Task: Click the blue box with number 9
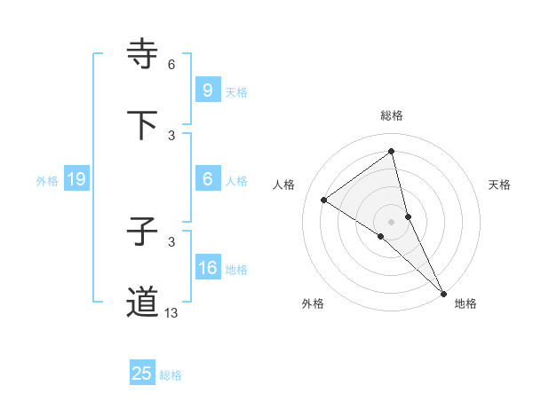pyautogui.click(x=207, y=90)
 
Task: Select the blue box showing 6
pyautogui.click(x=207, y=179)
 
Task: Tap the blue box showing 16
pyautogui.click(x=207, y=268)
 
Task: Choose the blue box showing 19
pyautogui.click(x=76, y=180)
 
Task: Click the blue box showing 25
pyautogui.click(x=142, y=374)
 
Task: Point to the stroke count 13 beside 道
pyautogui.click(x=171, y=312)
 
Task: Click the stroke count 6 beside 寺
pyautogui.click(x=171, y=64)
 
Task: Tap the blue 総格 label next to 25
pyautogui.click(x=171, y=375)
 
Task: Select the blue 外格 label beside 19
pyautogui.click(x=47, y=181)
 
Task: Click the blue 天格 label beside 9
pyautogui.click(x=236, y=91)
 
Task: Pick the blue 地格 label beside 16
pyautogui.click(x=236, y=270)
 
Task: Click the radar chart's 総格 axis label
pyautogui.click(x=392, y=115)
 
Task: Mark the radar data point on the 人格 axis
pyautogui.click(x=324, y=200)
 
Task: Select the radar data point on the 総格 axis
pyautogui.click(x=392, y=151)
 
